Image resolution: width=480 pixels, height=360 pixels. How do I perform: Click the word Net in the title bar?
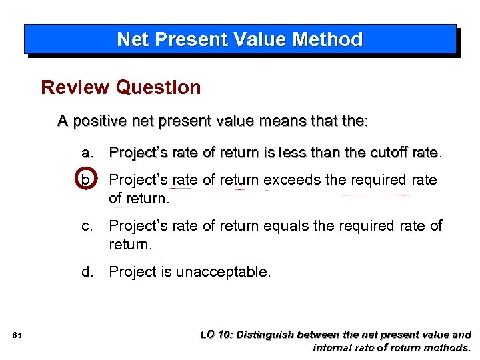(131, 39)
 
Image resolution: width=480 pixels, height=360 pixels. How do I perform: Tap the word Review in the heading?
(75, 87)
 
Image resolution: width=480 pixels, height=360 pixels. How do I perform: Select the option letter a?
(87, 153)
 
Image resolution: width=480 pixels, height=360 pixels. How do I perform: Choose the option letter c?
(87, 226)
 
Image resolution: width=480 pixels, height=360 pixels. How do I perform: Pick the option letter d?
(87, 271)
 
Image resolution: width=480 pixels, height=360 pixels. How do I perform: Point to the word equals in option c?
(285, 226)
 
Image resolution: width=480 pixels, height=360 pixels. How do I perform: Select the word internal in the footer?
(333, 347)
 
